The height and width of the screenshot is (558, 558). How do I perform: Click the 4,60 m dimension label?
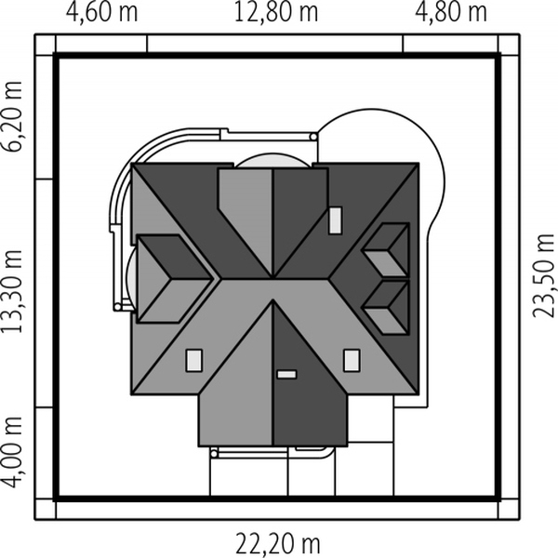(101, 12)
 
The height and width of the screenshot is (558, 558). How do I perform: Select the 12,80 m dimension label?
(276, 12)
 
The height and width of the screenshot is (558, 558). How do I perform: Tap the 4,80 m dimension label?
(451, 12)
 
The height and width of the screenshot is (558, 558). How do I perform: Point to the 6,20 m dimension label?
(13, 117)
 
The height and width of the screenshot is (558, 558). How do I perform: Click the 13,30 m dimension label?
(13, 292)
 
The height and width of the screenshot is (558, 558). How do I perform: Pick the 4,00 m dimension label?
(13, 452)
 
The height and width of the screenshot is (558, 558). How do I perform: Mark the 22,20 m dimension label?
(278, 543)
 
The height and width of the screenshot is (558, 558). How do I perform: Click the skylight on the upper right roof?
(335, 220)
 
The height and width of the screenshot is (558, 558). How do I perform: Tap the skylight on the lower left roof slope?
(194, 360)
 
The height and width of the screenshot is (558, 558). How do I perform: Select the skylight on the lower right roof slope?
(352, 360)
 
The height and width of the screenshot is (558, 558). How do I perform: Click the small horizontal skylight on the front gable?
(286, 375)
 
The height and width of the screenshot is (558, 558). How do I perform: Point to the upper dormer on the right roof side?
(387, 250)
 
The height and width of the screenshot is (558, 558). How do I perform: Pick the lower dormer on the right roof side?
(387, 308)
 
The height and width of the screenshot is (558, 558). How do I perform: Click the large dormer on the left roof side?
(175, 279)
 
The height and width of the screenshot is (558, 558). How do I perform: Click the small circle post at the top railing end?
(313, 137)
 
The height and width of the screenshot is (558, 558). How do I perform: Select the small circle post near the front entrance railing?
(214, 454)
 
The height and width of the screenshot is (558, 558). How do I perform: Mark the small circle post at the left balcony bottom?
(117, 307)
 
